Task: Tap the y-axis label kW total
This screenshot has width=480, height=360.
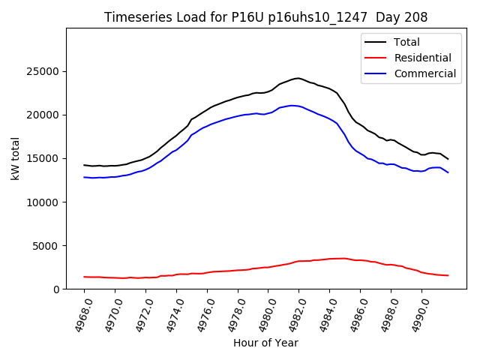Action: (15, 158)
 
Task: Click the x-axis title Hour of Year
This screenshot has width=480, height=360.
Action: (265, 343)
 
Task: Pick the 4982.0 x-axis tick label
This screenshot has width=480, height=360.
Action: (291, 316)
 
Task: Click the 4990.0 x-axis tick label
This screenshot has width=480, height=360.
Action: (413, 316)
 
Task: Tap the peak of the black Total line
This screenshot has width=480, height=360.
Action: (298, 78)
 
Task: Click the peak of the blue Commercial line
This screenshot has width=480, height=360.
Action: (292, 105)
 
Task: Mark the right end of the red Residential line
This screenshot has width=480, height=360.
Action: (448, 275)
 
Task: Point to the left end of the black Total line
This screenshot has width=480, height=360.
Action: (84, 165)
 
